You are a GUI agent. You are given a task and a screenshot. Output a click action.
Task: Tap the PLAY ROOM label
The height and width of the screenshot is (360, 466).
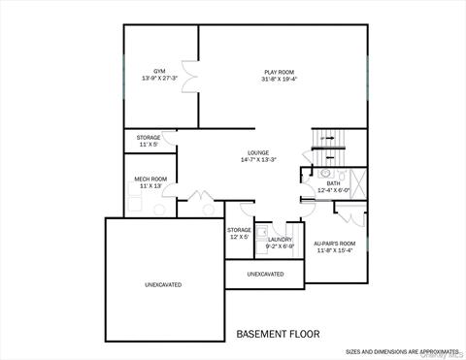(282, 72)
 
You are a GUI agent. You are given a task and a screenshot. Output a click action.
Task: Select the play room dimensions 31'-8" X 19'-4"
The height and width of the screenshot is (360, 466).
(282, 80)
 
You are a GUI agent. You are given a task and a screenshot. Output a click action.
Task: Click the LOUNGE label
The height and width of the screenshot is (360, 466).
(257, 152)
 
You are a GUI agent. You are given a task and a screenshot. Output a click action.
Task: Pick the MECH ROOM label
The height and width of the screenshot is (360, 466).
(150, 179)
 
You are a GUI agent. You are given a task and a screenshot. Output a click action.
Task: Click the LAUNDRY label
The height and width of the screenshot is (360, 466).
(280, 239)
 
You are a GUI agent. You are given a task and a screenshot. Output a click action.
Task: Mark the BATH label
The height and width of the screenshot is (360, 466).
(333, 183)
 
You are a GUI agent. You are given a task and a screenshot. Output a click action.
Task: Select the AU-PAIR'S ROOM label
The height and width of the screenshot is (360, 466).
(335, 243)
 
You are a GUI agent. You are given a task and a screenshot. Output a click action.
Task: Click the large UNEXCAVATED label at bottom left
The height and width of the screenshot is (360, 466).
(163, 284)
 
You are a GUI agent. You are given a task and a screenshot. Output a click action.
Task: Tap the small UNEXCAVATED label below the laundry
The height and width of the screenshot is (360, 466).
(265, 275)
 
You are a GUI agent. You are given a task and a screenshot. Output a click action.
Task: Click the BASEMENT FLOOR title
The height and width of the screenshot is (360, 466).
(278, 334)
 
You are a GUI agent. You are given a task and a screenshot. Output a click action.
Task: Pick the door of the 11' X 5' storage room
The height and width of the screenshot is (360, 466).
(171, 142)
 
